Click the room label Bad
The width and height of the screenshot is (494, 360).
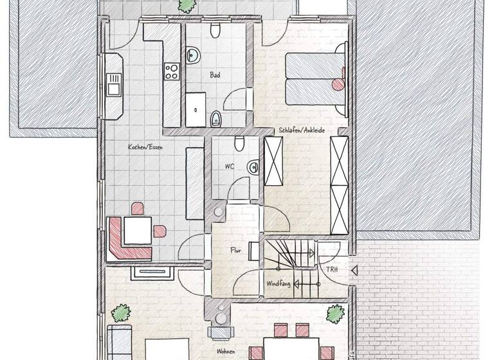point(215,75)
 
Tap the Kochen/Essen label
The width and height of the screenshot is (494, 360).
point(145,147)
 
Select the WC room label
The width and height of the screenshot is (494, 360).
point(229,166)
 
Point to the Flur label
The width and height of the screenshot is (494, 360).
point(235,251)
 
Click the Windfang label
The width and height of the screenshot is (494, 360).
point(277,283)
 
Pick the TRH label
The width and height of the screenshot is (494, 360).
point(332,270)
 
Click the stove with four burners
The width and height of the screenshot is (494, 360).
point(172,70)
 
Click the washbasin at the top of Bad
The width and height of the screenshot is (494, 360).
point(192,56)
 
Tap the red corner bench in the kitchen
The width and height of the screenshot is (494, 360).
point(122,240)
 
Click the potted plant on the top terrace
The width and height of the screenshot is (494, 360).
point(187,5)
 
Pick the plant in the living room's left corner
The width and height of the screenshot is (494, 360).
point(120,314)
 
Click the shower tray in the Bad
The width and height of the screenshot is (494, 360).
point(196,109)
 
